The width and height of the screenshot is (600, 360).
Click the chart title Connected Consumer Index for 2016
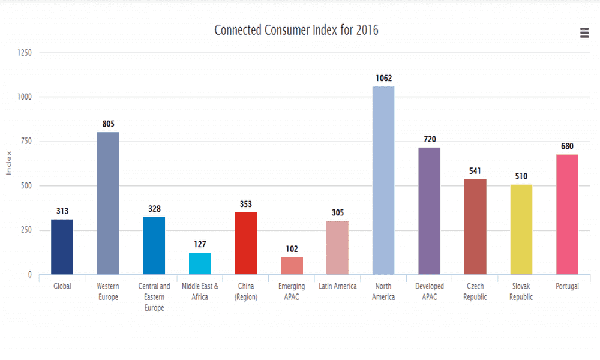[x=296, y=30]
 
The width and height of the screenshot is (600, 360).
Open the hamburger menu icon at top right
[x=584, y=33]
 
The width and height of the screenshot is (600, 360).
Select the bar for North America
[x=383, y=180]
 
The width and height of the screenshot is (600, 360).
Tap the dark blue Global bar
[x=62, y=247]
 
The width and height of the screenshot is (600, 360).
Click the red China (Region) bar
[x=245, y=243]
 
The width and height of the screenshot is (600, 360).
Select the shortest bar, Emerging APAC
[x=292, y=266]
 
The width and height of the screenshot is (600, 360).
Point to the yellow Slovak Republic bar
[x=521, y=229]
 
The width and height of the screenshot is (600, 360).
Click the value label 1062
[x=383, y=78]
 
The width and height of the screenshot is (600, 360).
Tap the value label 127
[x=200, y=244]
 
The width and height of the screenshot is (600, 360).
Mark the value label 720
[x=430, y=139]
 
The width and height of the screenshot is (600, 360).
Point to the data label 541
[x=475, y=171]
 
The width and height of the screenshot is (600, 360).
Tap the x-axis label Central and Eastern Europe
[x=154, y=297]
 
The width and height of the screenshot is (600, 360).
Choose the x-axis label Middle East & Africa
[x=200, y=292]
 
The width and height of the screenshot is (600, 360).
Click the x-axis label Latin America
[x=338, y=286]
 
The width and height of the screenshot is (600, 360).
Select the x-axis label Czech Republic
[x=475, y=292]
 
